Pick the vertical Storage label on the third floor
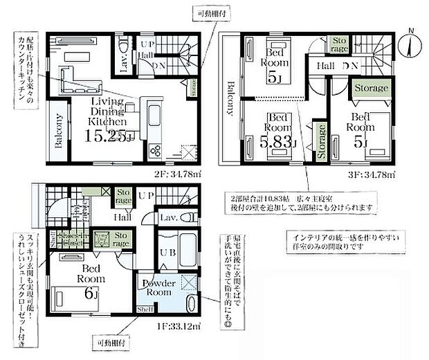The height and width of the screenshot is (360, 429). (321, 143)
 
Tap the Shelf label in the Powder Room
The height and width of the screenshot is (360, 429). (145, 309)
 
